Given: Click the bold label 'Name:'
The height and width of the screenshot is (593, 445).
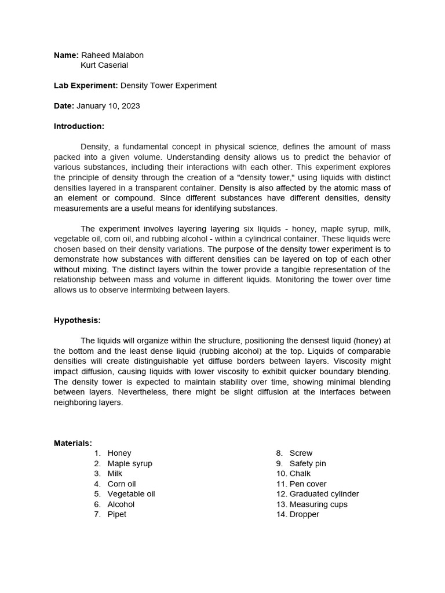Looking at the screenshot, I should [66, 55].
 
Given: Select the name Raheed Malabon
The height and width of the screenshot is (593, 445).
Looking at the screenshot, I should [112, 55].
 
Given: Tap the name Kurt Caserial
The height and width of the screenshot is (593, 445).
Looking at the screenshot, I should [104, 65].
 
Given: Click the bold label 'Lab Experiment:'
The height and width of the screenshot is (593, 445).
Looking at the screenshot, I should [86, 86].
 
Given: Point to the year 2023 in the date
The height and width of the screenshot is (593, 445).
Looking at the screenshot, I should [130, 106].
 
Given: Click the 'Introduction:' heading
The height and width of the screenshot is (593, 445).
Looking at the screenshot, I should [79, 126].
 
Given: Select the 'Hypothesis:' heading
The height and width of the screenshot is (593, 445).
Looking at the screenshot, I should [77, 320].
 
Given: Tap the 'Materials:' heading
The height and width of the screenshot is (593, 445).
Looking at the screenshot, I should [73, 443].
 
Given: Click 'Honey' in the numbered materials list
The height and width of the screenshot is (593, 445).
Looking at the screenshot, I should [119, 453].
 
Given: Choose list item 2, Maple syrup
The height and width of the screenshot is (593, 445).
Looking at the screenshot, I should [130, 464].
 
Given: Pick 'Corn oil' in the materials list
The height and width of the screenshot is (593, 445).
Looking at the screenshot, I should [122, 484].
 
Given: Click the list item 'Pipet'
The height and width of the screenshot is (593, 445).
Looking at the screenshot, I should [116, 514].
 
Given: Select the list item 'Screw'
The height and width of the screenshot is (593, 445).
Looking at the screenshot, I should [301, 453].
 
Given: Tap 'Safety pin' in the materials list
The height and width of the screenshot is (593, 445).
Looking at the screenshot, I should [308, 464].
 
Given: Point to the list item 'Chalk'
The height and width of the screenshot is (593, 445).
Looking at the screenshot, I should [300, 474].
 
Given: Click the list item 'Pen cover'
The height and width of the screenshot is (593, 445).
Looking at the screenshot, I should [308, 484].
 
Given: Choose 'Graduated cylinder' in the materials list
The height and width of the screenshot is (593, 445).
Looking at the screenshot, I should [324, 494].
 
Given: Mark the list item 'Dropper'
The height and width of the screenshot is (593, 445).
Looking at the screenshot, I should [304, 514].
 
